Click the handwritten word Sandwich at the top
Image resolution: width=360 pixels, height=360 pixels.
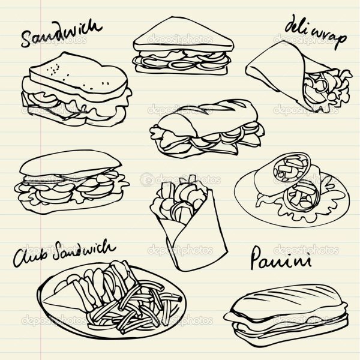tap(61, 34)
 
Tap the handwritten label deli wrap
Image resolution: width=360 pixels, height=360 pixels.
tap(316, 32)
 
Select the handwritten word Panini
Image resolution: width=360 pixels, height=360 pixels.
tap(281, 258)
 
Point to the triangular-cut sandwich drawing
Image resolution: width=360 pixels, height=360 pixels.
tap(182, 46)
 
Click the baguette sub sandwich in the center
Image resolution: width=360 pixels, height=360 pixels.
tap(206, 128)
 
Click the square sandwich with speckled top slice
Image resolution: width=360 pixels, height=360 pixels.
tap(76, 89)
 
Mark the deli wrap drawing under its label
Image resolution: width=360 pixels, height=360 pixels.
tap(298, 76)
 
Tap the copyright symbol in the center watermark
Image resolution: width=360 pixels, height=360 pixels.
tap(146, 179)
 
